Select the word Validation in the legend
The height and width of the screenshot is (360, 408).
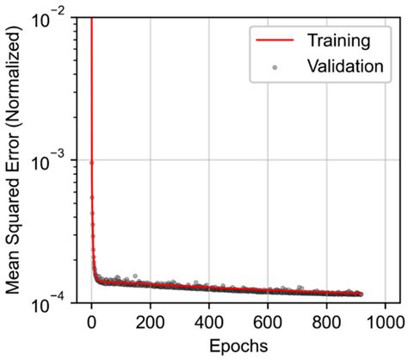[x=342, y=66]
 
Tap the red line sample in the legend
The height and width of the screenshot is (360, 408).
[x=274, y=40]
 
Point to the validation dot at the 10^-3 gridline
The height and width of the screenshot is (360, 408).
[x=90, y=161]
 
